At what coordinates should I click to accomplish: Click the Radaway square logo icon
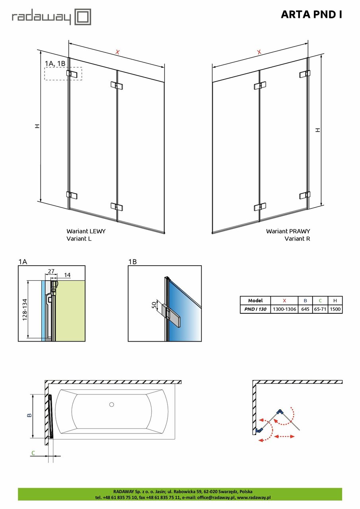pos(84,17)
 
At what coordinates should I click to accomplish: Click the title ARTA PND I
pos(311,15)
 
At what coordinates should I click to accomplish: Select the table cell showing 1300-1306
pos(284,309)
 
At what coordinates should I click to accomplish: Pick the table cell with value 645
pos(305,309)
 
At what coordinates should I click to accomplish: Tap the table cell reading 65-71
pos(320,309)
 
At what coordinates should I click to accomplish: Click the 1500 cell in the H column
pos(335,309)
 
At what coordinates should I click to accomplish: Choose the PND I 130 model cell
pos(255,309)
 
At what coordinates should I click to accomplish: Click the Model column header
pos(255,301)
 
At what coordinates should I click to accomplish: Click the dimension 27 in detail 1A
pos(51,271)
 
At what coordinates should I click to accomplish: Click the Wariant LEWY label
pos(86,231)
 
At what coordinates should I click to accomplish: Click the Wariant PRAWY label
pos(288,231)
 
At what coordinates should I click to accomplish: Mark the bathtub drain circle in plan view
pos(111,405)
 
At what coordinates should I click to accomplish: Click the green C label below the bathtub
pos(33,453)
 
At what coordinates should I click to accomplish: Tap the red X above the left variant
pos(117,52)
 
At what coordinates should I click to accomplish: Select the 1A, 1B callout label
pos(55,64)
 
